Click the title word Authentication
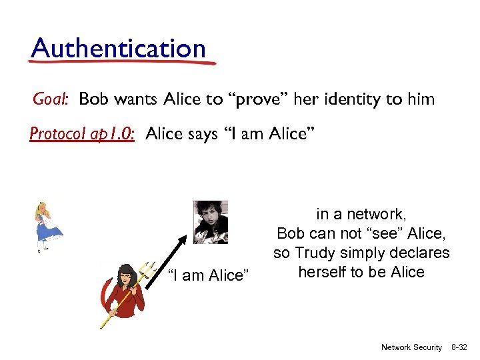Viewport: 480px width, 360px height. point(118,48)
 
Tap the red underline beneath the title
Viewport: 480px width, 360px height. point(123,63)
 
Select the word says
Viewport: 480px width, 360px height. point(202,134)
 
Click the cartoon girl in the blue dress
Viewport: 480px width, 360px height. point(49,227)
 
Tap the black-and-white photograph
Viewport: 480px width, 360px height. point(211,222)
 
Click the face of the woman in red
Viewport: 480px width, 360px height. point(126,277)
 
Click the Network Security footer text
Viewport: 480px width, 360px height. point(411,347)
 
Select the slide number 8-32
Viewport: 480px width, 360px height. point(460,347)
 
